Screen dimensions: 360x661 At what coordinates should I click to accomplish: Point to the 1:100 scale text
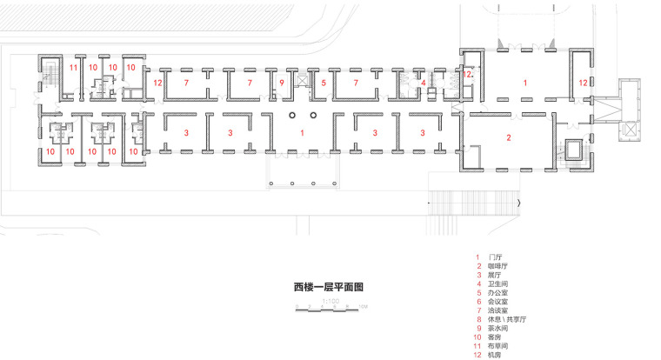click(330, 301)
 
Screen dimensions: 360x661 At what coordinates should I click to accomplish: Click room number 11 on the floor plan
click(74, 67)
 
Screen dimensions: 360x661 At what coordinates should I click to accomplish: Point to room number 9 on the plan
click(282, 83)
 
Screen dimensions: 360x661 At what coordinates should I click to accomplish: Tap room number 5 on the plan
click(324, 83)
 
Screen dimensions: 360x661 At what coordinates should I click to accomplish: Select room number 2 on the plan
click(509, 137)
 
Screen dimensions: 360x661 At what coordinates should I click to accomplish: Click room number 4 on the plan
click(424, 83)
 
